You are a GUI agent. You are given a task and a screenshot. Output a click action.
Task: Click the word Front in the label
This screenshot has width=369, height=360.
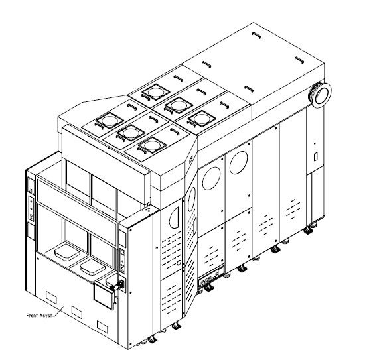[32, 316]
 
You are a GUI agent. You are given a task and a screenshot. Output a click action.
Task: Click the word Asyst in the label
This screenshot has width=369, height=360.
[46, 316]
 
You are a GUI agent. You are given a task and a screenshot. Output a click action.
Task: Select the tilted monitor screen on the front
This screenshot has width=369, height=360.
[104, 295]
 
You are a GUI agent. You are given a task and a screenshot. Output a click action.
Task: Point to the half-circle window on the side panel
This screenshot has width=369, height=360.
[174, 217]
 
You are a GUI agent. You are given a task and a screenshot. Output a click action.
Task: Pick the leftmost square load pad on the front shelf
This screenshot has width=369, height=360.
[67, 253]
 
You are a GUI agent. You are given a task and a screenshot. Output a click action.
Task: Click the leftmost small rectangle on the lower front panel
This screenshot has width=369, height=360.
[51, 298]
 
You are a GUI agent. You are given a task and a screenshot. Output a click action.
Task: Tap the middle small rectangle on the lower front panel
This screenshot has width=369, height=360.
[77, 312]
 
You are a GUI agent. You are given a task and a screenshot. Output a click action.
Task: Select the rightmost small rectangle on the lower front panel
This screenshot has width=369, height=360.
[103, 328]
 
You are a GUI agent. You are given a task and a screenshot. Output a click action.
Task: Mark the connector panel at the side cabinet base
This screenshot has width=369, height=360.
[211, 278]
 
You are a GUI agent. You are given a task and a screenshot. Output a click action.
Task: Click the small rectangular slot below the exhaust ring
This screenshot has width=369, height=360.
[316, 157]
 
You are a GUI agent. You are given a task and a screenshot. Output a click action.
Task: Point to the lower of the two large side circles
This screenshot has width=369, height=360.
[211, 179]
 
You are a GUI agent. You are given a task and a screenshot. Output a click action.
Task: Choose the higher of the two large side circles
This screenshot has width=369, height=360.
[239, 162]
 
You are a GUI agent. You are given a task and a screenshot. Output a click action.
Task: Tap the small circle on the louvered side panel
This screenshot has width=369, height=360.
[178, 263]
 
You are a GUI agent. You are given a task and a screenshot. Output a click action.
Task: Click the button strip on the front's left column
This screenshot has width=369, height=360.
[31, 208]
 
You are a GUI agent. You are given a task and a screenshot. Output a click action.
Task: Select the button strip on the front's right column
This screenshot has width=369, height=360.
[122, 261]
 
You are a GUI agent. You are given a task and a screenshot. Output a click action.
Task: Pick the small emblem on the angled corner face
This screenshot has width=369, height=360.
[190, 160]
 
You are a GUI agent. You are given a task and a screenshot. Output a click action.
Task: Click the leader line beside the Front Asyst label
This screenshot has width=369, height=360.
[58, 311]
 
